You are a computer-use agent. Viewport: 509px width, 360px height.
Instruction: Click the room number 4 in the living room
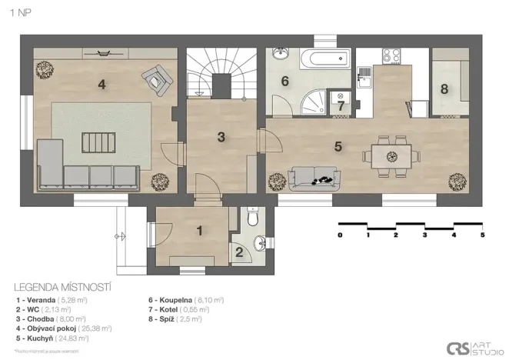coord(101,85)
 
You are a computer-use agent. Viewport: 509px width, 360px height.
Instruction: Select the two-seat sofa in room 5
coord(313,178)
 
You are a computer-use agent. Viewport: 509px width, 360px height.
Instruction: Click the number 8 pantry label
coord(444,88)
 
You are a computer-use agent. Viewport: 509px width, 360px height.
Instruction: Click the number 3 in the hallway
coord(221,138)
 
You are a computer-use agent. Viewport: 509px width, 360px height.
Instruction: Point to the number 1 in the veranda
coord(199,229)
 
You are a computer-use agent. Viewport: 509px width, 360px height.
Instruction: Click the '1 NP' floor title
coord(21,13)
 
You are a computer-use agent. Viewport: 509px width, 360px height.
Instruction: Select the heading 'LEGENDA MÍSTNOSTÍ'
coord(63,286)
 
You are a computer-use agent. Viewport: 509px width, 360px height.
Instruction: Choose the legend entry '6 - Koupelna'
coord(185,299)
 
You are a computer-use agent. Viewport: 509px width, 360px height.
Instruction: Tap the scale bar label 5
coord(482,235)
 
